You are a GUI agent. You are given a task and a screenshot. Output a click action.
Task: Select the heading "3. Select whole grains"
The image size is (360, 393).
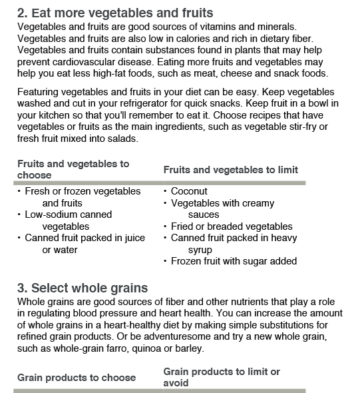(x=83, y=288)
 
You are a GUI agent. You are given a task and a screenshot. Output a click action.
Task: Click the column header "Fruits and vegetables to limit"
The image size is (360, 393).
(x=230, y=170)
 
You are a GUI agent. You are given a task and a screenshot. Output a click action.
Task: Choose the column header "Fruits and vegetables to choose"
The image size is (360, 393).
(x=73, y=169)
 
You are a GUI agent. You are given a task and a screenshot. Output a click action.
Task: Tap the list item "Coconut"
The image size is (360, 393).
(x=190, y=191)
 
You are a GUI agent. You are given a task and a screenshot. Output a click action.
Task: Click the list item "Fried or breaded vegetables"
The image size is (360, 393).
(x=232, y=226)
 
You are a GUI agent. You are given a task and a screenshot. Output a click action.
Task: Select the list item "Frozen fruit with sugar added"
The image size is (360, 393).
(x=234, y=262)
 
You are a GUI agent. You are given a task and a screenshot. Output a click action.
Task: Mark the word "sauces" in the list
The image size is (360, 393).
(x=204, y=215)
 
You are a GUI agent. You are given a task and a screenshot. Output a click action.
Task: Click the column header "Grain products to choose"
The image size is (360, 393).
(x=77, y=378)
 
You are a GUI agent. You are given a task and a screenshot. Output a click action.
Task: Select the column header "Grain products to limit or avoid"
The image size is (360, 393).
(x=222, y=377)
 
